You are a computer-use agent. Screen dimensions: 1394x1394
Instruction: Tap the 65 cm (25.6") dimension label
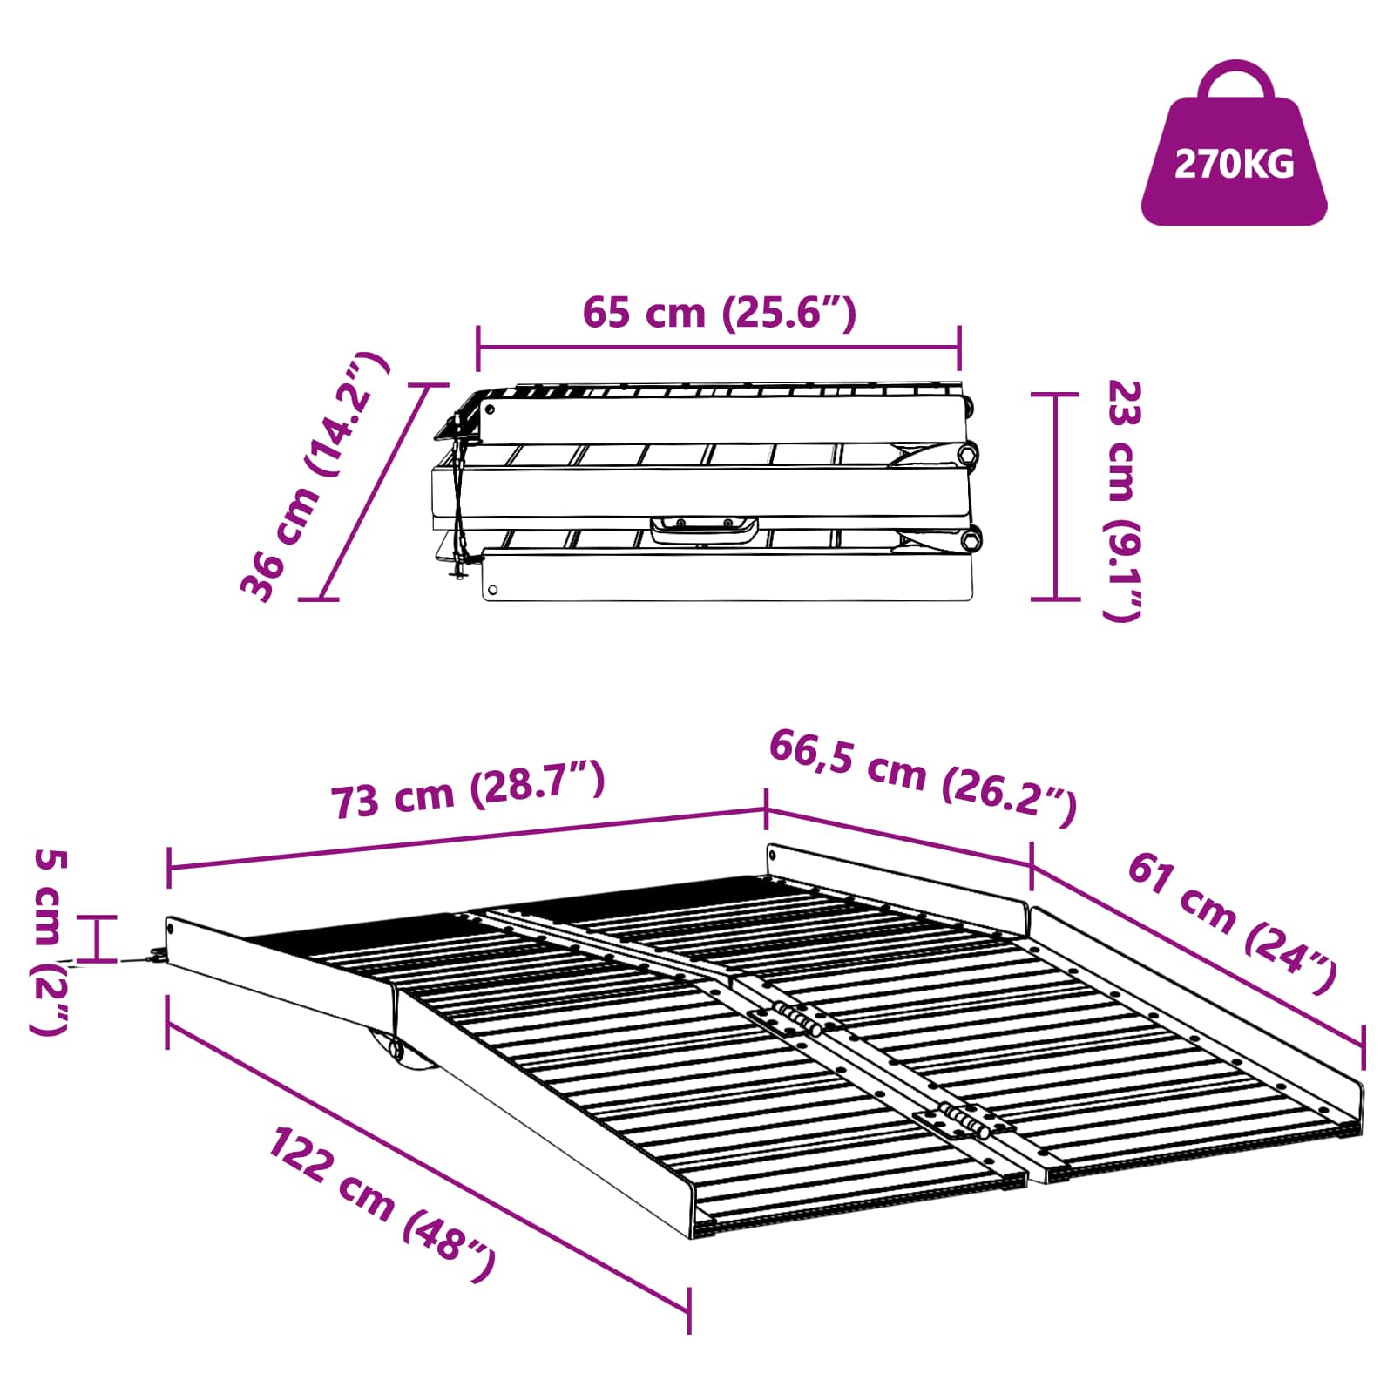[719, 312]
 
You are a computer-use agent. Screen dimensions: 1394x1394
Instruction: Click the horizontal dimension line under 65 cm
[719, 348]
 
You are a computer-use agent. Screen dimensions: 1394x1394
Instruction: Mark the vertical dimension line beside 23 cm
[1055, 497]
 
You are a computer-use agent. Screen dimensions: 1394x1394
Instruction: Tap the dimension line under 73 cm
[467, 838]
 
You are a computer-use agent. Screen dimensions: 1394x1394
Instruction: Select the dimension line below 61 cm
[1198, 958]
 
